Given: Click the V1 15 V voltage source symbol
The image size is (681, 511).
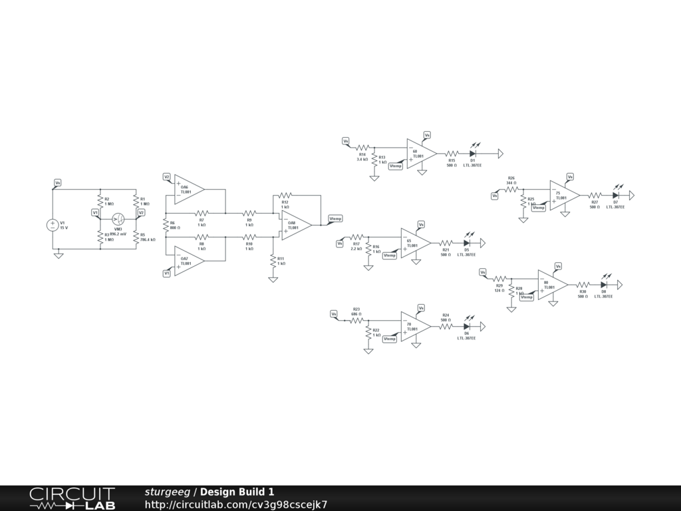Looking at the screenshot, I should [53, 225].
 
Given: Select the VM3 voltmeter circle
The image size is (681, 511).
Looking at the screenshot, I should [118, 219].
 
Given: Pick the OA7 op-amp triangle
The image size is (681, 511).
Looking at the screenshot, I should [188, 260].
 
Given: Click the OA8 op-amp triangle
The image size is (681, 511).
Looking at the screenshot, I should [295, 225].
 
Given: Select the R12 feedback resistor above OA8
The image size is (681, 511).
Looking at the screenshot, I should [285, 196].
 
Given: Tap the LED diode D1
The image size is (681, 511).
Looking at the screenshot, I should [473, 154].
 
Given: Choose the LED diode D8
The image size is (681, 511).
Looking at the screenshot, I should [604, 285].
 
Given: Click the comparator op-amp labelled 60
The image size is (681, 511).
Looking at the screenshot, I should [420, 154].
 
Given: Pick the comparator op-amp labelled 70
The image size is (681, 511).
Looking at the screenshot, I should [414, 327].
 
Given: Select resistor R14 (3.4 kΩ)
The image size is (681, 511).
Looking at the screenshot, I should [362, 148].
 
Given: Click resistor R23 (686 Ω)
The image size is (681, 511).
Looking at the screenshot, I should [356, 320].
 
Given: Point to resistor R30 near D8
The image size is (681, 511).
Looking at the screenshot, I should [583, 285].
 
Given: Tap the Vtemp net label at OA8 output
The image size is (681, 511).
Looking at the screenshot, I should [335, 219].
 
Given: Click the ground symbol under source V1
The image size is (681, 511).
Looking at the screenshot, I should [59, 255].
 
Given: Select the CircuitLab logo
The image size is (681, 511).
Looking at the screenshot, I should [72, 498].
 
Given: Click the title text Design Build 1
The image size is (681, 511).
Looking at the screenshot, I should [237, 492].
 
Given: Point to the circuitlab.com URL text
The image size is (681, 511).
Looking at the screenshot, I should [236, 504].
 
